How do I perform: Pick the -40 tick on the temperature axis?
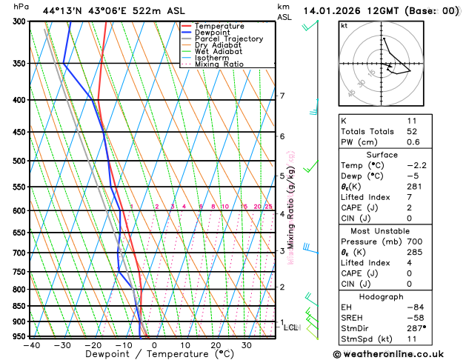(x=31, y=345)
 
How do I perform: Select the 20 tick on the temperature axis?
(x=216, y=345)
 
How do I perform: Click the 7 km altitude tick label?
(x=282, y=96)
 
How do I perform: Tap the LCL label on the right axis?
(x=291, y=327)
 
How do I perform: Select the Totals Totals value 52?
(x=411, y=131)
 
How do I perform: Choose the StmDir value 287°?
(x=414, y=328)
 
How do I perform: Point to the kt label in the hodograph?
(x=344, y=25)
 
